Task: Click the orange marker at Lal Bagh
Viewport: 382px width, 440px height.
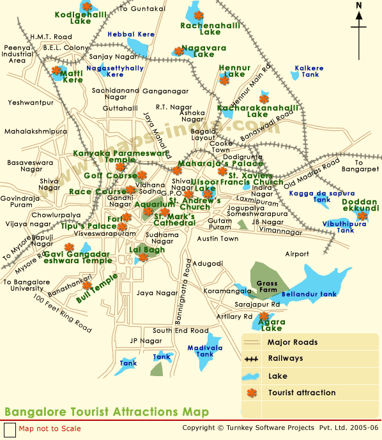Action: pyautogui.click(x=143, y=257)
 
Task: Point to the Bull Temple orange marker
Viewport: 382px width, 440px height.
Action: pyautogui.click(x=86, y=286)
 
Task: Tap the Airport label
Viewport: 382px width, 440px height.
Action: pyautogui.click(x=296, y=254)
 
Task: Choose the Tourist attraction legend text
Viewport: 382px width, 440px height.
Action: pyautogui.click(x=302, y=393)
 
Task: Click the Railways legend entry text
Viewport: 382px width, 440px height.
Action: pyautogui.click(x=286, y=359)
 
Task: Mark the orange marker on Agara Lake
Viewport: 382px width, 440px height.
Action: pyautogui.click(x=264, y=315)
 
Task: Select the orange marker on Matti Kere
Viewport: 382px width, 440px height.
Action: pyautogui.click(x=56, y=70)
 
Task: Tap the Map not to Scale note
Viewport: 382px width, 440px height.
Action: pyautogui.click(x=50, y=429)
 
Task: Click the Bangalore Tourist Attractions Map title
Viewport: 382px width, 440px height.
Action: pyautogui.click(x=106, y=412)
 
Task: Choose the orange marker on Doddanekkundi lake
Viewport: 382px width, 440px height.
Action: pyautogui.click(x=362, y=216)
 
